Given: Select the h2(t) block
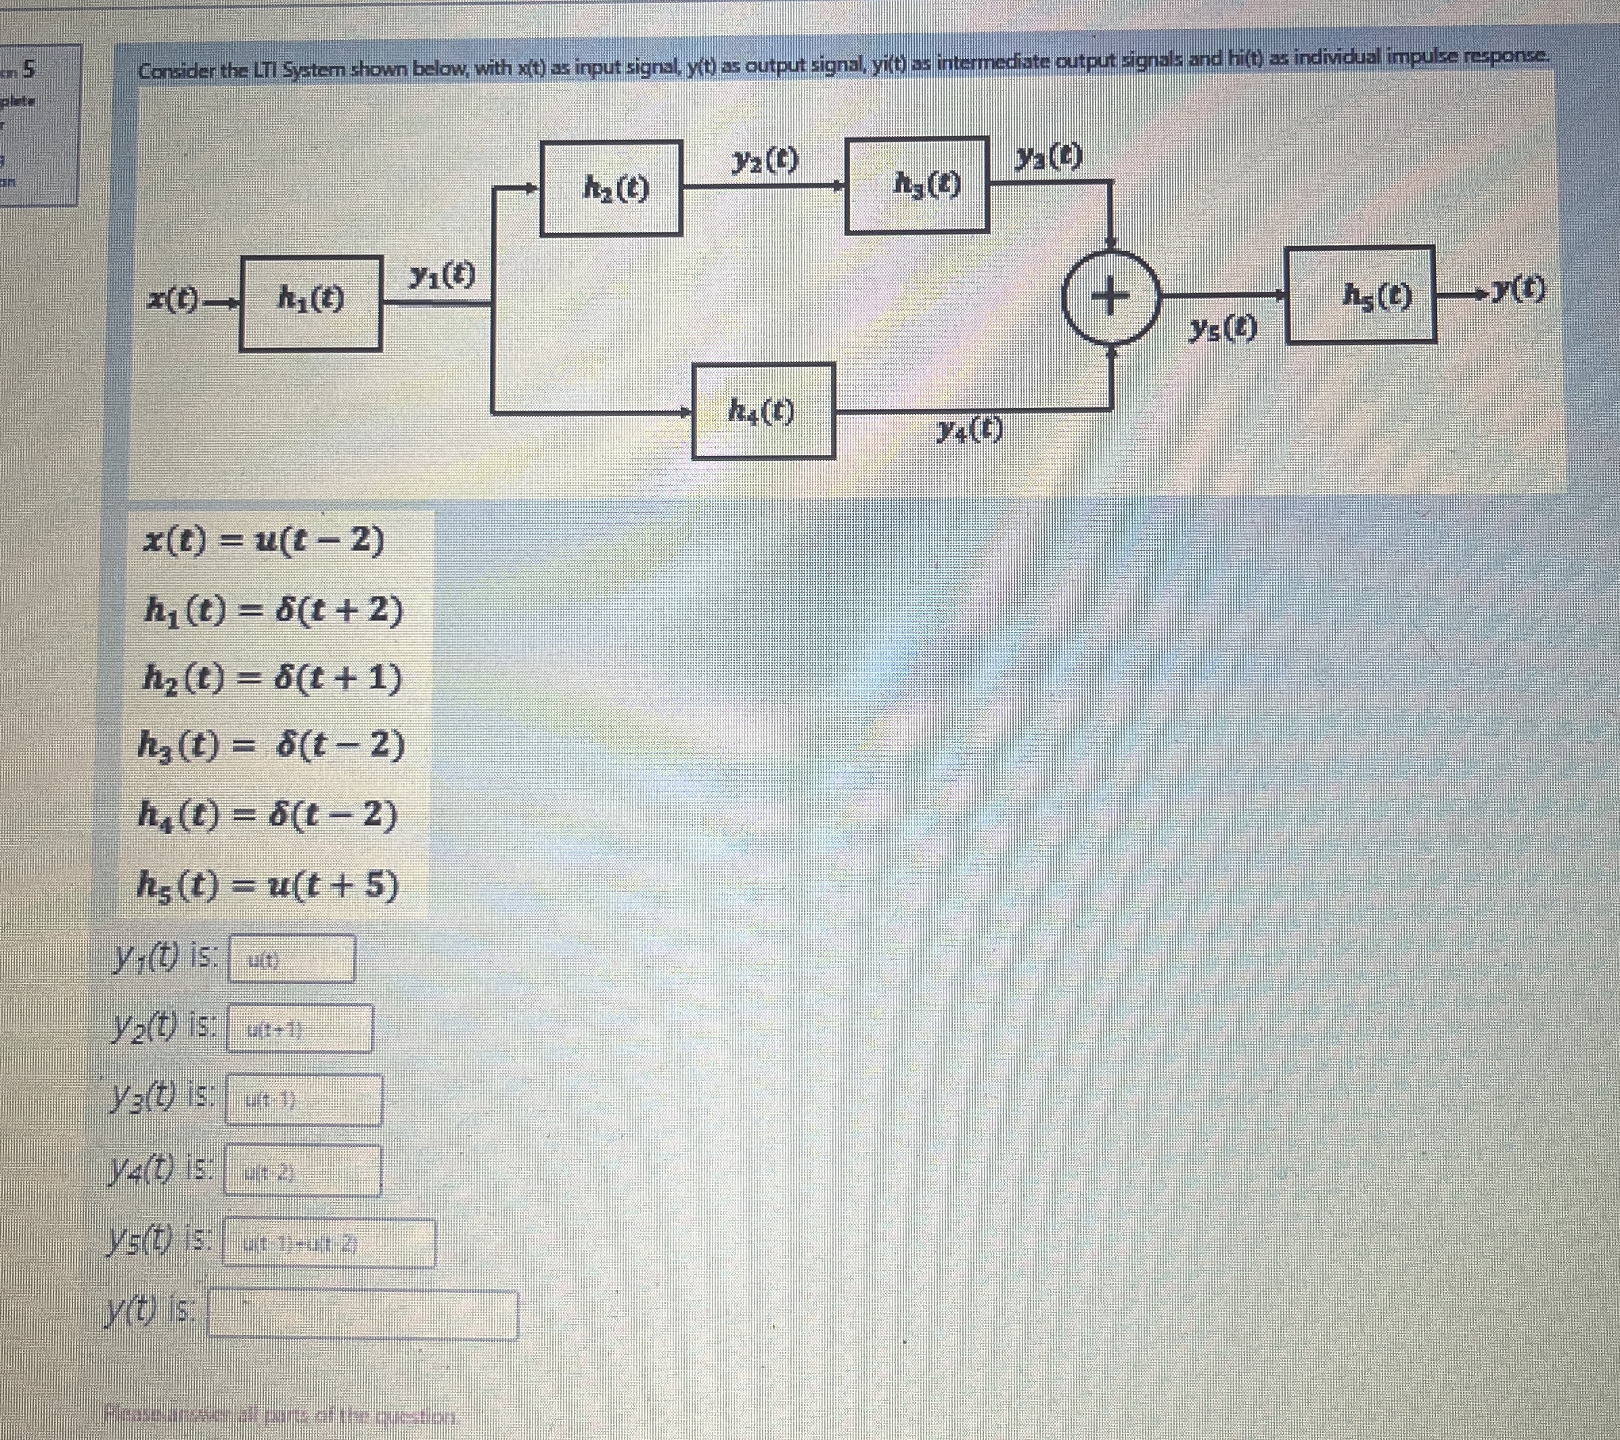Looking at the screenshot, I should coord(611,188).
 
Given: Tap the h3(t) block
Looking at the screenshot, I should coord(916,185).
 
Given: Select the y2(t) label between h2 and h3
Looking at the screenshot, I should coord(765,161).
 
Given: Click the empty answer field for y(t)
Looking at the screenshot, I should coord(362,1315).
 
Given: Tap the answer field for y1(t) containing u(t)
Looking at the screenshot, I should coord(292,959).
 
